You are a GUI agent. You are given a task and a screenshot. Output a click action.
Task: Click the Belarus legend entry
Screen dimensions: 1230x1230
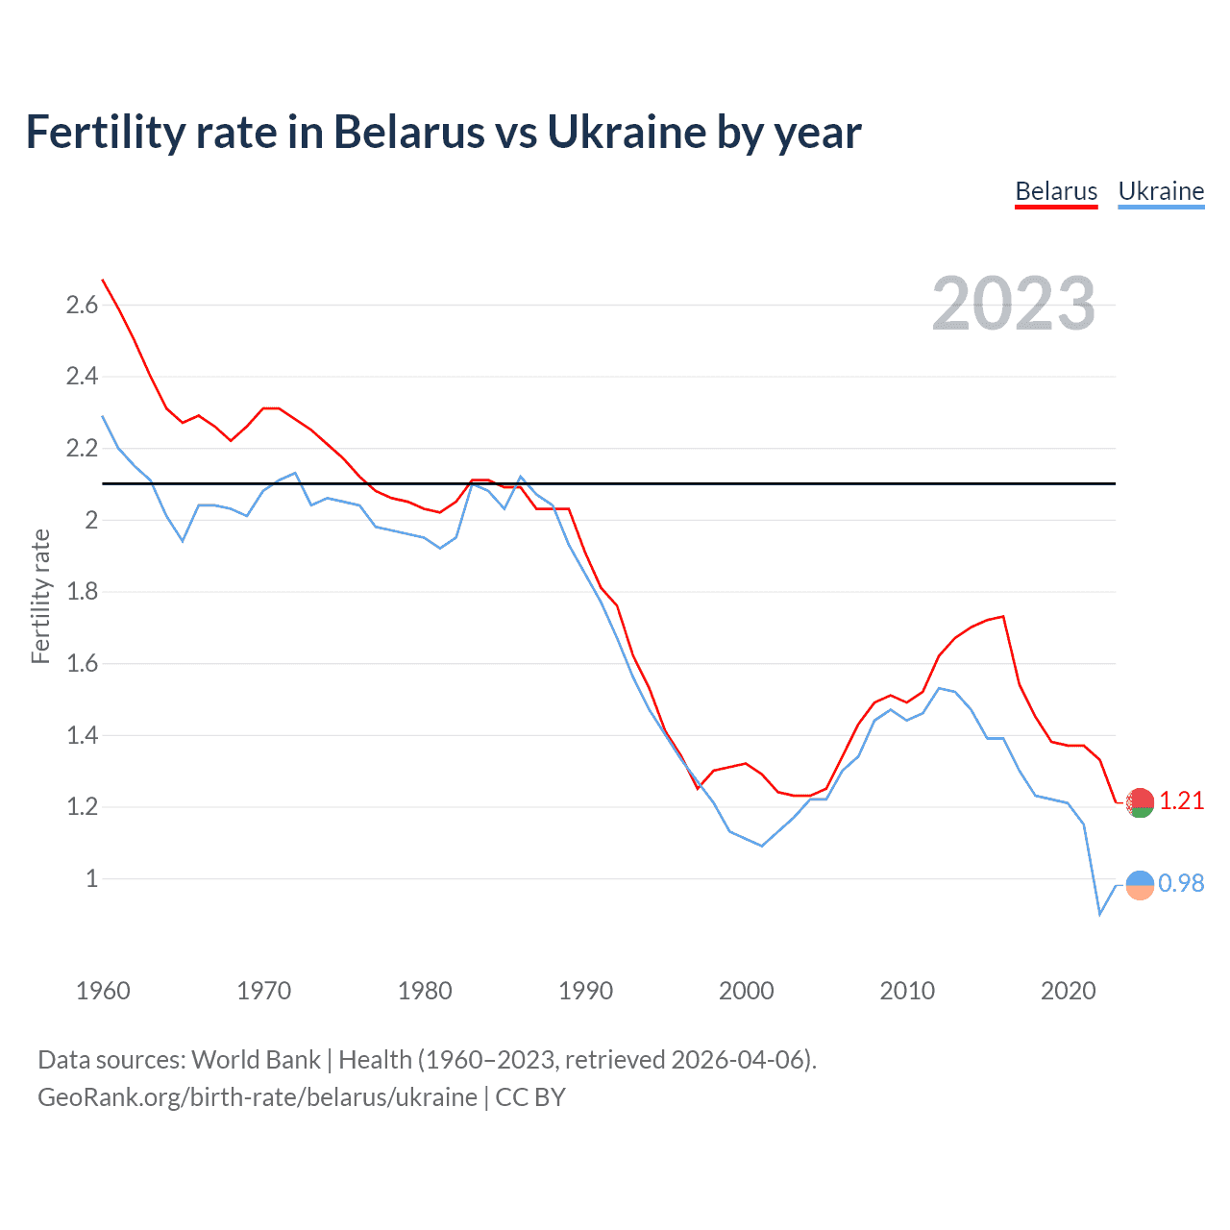1056,191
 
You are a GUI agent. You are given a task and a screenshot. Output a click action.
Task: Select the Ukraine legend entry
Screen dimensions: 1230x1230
1161,191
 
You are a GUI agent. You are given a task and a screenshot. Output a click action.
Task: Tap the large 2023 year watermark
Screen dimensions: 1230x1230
1013,304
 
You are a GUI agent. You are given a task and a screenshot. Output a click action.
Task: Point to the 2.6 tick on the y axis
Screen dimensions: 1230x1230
82,306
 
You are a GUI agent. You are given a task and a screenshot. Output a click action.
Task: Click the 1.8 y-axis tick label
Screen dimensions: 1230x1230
82,592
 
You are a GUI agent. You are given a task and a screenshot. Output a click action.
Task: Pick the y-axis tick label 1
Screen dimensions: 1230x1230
91,878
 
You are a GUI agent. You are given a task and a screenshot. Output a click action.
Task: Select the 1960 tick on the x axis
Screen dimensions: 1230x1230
103,990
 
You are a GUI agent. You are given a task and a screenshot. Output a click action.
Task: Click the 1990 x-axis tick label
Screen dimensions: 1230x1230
585,990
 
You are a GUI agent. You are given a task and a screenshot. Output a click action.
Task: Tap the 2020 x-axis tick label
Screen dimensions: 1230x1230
1068,990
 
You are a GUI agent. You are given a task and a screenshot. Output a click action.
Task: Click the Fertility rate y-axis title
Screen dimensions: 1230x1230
40,596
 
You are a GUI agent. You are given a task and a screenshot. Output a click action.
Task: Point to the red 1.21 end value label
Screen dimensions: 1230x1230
1181,800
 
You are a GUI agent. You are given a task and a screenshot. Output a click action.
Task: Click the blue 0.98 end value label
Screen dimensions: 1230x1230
1181,883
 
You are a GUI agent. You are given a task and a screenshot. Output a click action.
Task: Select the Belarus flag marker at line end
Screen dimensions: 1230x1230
1140,802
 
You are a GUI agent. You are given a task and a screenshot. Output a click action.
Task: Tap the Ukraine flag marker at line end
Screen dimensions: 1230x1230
1140,885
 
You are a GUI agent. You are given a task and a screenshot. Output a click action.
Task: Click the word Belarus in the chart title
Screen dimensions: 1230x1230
408,132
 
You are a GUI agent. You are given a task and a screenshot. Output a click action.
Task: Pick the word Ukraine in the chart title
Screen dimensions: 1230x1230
625,132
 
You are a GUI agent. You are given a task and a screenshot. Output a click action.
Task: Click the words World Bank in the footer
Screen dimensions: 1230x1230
256,1060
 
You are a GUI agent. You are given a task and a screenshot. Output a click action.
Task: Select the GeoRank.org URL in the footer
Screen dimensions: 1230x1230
257,1097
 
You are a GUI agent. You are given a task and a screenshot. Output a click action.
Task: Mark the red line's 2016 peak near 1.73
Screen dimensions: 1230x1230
1003,616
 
